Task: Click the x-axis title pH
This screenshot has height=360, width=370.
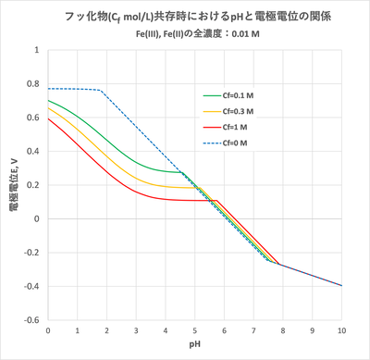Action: (x=194, y=346)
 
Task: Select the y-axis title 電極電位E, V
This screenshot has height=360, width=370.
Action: (x=14, y=185)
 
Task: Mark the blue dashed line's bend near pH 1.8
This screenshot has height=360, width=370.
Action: (x=100, y=90)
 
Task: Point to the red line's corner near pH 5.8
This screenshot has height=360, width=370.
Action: (x=217, y=200)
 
